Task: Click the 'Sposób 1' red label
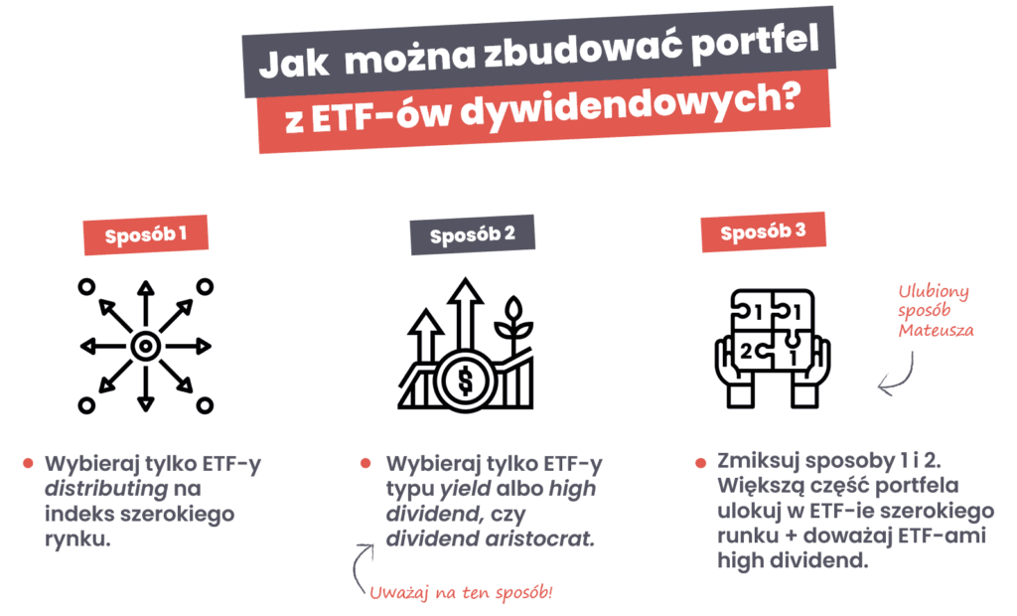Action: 147,236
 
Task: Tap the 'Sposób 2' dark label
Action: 473,236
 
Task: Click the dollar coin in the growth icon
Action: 463,381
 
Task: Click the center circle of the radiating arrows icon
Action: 146,346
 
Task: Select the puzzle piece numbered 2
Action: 747,350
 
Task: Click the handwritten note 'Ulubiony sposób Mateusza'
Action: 934,311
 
